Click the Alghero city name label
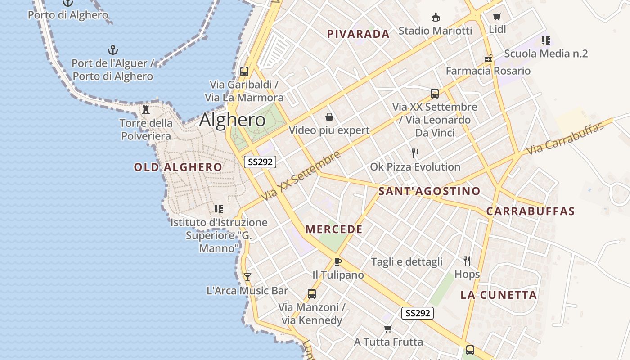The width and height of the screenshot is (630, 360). click(232, 120)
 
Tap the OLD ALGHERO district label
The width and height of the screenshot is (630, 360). click(178, 167)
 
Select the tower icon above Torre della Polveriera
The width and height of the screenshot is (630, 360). click(146, 109)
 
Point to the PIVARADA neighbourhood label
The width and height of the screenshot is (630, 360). click(358, 34)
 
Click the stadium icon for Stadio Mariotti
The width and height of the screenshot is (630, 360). click(435, 18)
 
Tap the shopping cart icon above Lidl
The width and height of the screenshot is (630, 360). click(497, 17)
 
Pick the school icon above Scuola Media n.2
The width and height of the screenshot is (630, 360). click(546, 40)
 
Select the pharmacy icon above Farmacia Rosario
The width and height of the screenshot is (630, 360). click(488, 58)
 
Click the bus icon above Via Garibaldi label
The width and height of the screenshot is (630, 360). click(244, 71)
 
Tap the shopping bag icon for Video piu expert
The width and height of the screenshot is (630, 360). click(329, 117)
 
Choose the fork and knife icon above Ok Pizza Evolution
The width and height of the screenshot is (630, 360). click(415, 153)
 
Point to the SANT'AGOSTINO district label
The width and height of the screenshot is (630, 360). click(429, 191)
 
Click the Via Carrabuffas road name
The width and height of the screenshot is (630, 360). click(565, 138)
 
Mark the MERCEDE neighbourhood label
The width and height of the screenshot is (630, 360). click(334, 229)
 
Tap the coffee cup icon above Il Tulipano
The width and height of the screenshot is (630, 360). click(338, 261)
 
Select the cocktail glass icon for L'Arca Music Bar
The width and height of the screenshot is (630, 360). click(247, 277)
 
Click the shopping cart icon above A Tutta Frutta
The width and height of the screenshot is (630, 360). click(388, 329)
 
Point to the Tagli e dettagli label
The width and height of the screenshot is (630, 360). click(407, 262)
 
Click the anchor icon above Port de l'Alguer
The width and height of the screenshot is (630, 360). click(113, 49)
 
